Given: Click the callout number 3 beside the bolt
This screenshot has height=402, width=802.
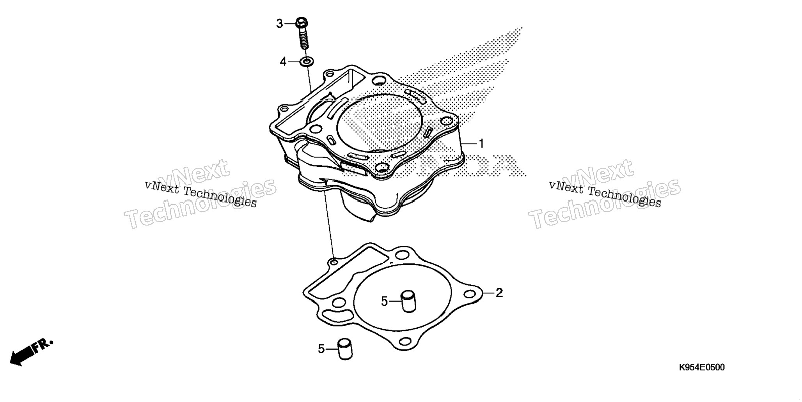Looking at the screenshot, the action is click(x=279, y=24).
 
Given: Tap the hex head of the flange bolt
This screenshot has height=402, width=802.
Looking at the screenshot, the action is click(x=301, y=23).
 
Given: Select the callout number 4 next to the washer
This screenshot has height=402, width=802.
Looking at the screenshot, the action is click(x=283, y=62).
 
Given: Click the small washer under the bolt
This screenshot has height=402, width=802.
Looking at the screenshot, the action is click(x=307, y=61).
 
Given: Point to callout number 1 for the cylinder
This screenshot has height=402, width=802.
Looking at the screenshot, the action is click(x=481, y=144).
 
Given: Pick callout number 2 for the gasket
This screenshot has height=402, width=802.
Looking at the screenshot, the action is click(x=499, y=293).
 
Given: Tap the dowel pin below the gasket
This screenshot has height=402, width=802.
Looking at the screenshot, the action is click(x=345, y=349).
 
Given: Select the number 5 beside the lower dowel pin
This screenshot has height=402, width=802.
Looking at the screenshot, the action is click(x=321, y=349).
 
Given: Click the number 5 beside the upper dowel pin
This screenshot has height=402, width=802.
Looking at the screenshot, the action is click(x=385, y=301).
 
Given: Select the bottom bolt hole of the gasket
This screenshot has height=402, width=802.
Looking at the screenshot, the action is click(x=406, y=342).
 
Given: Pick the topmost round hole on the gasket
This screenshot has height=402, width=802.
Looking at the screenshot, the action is click(x=400, y=256).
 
